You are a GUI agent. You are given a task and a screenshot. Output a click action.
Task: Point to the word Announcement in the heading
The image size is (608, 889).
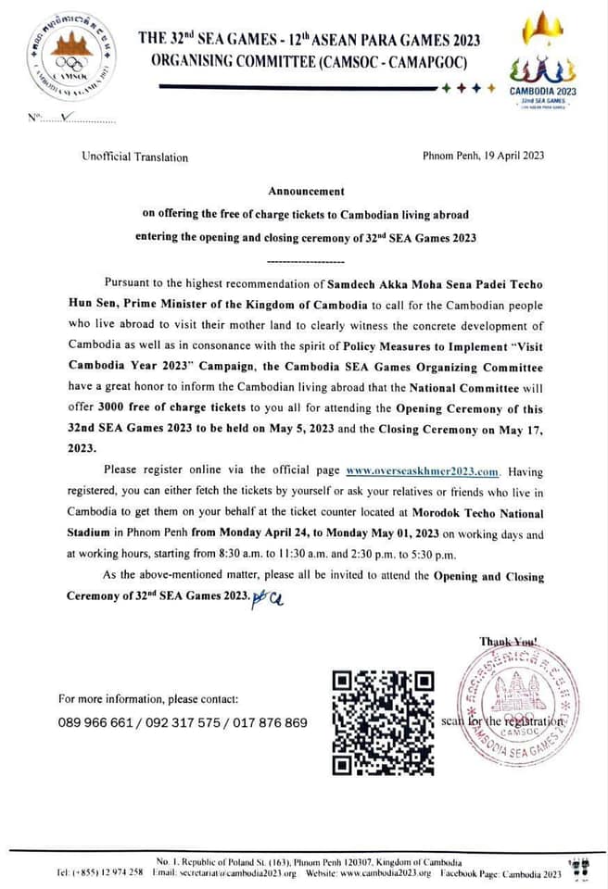point(306,191)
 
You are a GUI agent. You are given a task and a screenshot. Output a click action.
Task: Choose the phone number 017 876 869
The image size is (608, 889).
point(271,722)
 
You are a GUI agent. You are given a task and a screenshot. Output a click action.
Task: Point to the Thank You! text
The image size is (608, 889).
point(509,641)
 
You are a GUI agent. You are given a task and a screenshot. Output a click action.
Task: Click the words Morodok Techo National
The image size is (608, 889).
point(481,513)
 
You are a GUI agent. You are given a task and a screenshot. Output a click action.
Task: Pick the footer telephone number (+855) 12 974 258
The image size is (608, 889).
point(98,873)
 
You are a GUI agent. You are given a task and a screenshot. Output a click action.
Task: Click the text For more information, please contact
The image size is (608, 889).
point(148,698)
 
